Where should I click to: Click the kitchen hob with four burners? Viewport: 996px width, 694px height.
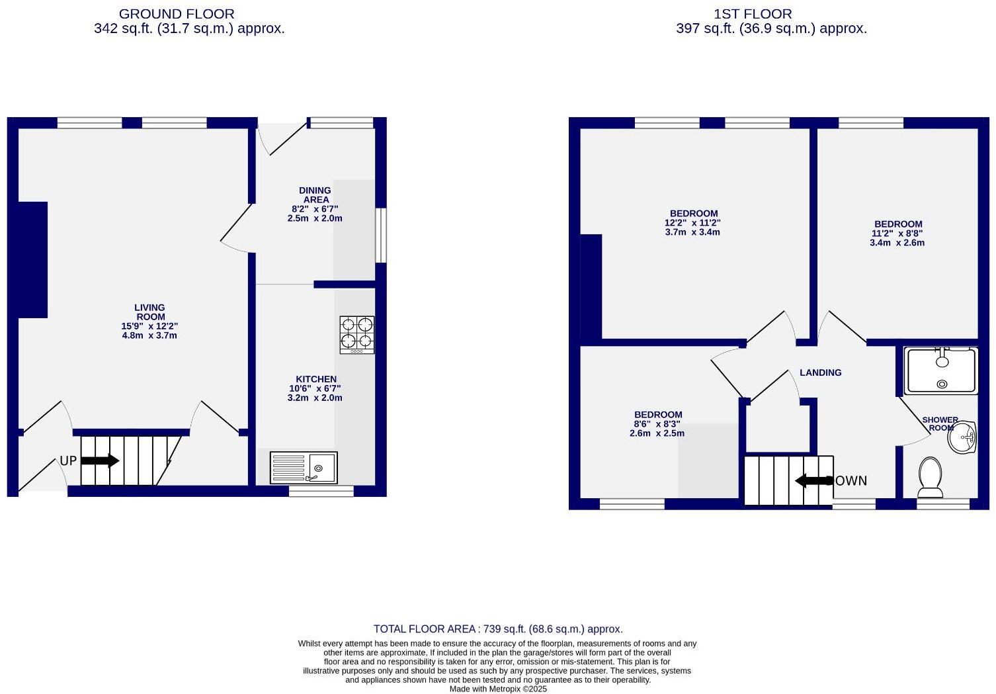pyautogui.click(x=357, y=334)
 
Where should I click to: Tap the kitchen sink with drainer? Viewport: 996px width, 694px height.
pyautogui.click(x=304, y=468)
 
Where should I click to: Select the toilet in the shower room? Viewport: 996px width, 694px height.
pyautogui.click(x=931, y=478)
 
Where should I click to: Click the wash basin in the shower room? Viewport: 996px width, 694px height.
pyautogui.click(x=962, y=437)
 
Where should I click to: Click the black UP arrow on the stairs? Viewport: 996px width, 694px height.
pyautogui.click(x=99, y=461)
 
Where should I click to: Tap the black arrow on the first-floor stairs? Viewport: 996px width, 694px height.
pyautogui.click(x=813, y=481)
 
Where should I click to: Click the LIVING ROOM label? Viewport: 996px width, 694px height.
pyautogui.click(x=149, y=312)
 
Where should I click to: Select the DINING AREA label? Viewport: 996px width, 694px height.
pyautogui.click(x=315, y=195)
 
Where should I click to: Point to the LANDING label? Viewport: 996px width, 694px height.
pyautogui.click(x=820, y=372)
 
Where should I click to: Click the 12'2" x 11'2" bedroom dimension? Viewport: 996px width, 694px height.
pyautogui.click(x=692, y=223)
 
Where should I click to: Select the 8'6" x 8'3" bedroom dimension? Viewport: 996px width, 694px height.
pyautogui.click(x=657, y=424)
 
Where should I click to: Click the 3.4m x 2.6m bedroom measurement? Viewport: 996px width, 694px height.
pyautogui.click(x=897, y=243)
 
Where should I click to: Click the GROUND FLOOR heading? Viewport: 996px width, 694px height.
pyautogui.click(x=177, y=14)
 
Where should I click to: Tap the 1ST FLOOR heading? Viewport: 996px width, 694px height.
pyautogui.click(x=753, y=14)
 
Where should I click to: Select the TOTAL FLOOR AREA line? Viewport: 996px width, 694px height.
pyautogui.click(x=498, y=629)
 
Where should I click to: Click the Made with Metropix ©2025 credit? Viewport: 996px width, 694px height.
pyautogui.click(x=498, y=689)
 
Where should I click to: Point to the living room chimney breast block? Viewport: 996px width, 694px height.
pyautogui.click(x=32, y=259)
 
